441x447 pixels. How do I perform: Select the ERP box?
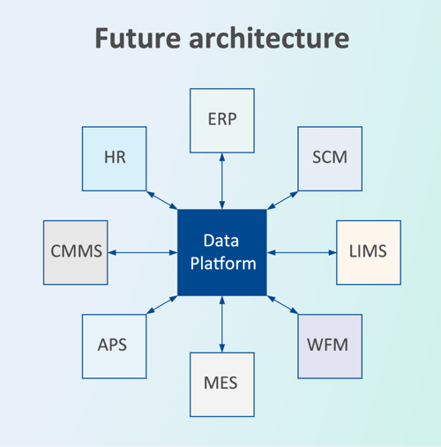(x=222, y=120)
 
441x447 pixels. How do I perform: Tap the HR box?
(x=114, y=159)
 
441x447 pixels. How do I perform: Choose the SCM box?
(x=330, y=159)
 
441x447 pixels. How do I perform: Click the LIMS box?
(x=368, y=252)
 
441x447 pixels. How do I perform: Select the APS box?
(x=112, y=345)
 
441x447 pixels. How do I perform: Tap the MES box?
(x=222, y=384)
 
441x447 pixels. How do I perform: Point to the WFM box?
(x=330, y=345)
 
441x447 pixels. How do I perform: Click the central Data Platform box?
(x=222, y=252)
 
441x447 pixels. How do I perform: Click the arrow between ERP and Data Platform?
(x=222, y=180)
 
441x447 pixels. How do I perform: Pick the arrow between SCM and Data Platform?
(x=282, y=199)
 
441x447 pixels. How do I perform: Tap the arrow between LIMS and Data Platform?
(x=302, y=253)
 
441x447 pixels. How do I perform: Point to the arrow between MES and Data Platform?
(x=222, y=324)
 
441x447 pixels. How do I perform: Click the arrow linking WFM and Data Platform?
(x=282, y=305)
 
